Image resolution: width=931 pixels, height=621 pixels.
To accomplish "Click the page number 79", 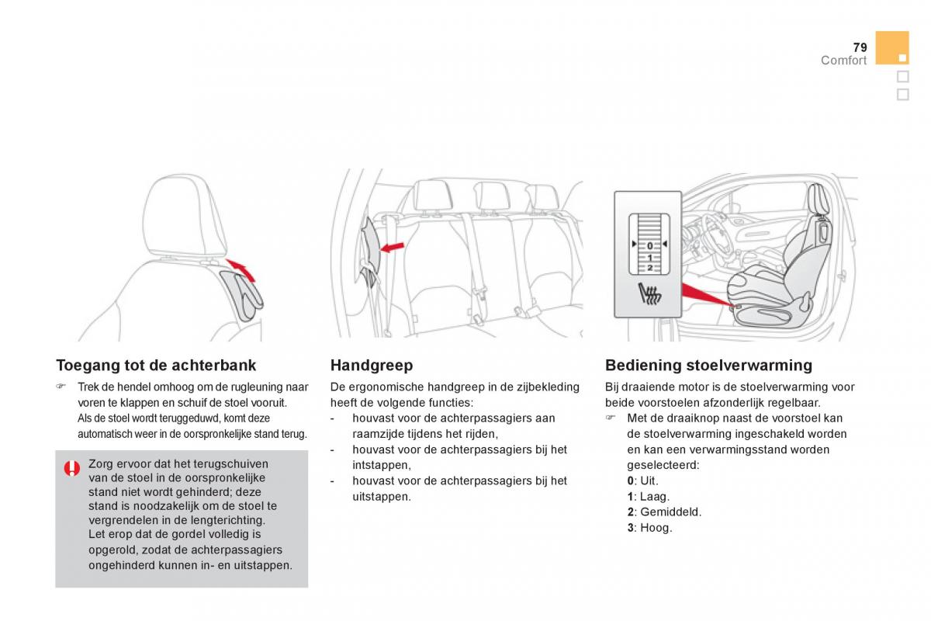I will click(x=859, y=47).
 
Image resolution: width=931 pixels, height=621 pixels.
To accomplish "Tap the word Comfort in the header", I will click(x=843, y=61).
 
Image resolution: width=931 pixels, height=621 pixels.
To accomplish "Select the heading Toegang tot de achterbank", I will click(x=156, y=365).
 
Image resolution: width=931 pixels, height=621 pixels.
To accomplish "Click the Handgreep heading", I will click(x=372, y=365).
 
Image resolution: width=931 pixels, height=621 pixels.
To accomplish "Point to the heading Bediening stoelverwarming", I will click(x=708, y=365).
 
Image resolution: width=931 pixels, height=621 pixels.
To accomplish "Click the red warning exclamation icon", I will click(x=71, y=467).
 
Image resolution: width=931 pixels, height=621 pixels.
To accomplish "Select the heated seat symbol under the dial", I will click(x=649, y=296).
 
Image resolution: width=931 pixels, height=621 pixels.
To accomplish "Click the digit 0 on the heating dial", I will click(x=649, y=245).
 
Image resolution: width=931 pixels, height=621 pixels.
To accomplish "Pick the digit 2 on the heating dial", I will click(x=649, y=267).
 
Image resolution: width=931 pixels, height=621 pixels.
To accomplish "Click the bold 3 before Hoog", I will click(x=631, y=528).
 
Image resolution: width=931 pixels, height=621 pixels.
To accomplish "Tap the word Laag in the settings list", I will click(x=654, y=497).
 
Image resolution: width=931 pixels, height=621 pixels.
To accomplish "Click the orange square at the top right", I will click(x=891, y=47).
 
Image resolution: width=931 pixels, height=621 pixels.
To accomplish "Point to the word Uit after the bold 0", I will click(x=649, y=481).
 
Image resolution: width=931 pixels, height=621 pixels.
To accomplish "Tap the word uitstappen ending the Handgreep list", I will click(x=381, y=496).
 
